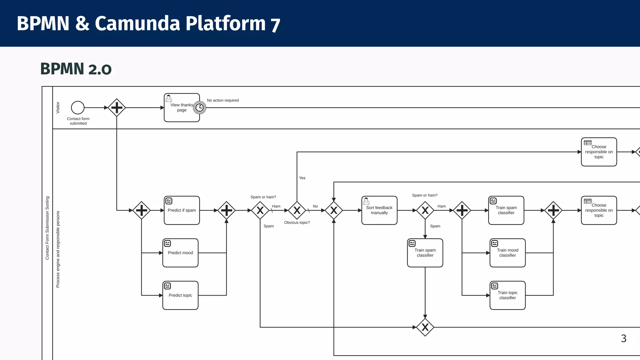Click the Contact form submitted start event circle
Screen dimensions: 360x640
[x=77, y=107]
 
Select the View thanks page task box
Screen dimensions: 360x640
[x=179, y=112]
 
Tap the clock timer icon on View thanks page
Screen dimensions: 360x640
[x=199, y=108]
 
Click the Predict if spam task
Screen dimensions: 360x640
[x=182, y=210]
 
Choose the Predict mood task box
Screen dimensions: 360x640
[x=180, y=253]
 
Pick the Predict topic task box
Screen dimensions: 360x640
[x=180, y=295]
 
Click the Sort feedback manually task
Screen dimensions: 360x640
[x=379, y=210]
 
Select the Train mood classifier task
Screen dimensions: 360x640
[x=507, y=253]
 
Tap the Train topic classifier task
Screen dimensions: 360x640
[x=507, y=295]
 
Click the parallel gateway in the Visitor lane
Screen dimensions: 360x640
[x=117, y=107]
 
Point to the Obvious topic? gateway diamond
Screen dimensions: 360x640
[x=297, y=210]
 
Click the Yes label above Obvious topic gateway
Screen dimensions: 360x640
[x=302, y=178]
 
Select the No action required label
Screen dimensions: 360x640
[x=223, y=100]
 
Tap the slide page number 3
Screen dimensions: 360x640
[x=623, y=338]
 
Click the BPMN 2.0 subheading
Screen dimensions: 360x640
[x=76, y=69]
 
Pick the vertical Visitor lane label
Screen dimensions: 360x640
[x=57, y=107]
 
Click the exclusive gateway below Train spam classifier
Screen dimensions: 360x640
[x=425, y=327]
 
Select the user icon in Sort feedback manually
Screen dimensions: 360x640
[x=366, y=201]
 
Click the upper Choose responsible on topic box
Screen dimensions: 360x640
[x=599, y=152]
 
